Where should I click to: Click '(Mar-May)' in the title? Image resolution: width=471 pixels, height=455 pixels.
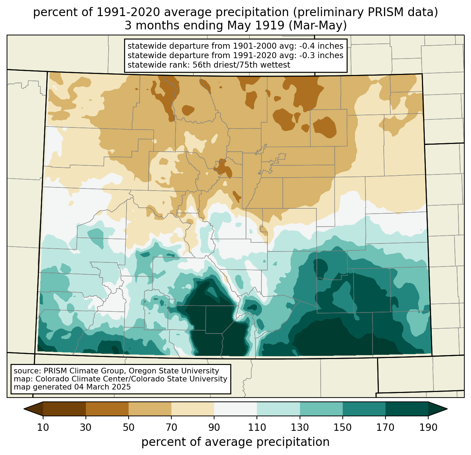tap(318, 26)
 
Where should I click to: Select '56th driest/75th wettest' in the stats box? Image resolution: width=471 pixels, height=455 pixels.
tap(241, 65)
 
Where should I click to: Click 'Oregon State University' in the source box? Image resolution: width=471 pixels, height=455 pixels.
tap(174, 371)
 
